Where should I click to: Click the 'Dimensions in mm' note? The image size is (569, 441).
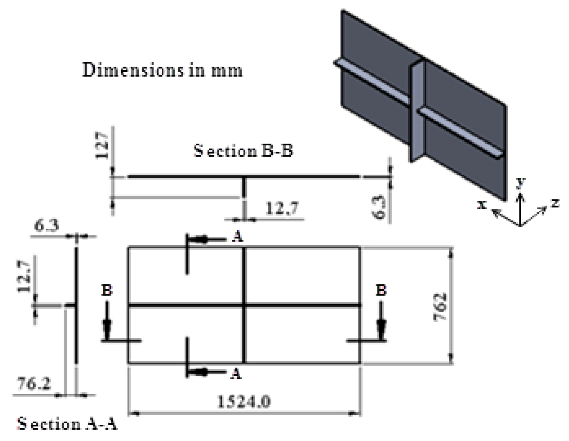162,71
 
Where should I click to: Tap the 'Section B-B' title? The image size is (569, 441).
243,151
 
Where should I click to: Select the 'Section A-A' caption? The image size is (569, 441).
67,424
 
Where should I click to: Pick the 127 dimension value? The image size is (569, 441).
102,145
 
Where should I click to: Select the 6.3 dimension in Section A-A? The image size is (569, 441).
47,226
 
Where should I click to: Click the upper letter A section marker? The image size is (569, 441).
237,237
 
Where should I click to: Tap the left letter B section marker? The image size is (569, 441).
107,291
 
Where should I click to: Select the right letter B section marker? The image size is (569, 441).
381,291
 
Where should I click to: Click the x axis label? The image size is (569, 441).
481,205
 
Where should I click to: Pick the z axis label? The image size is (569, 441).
555,204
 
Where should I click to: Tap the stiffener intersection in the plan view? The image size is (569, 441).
244,305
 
